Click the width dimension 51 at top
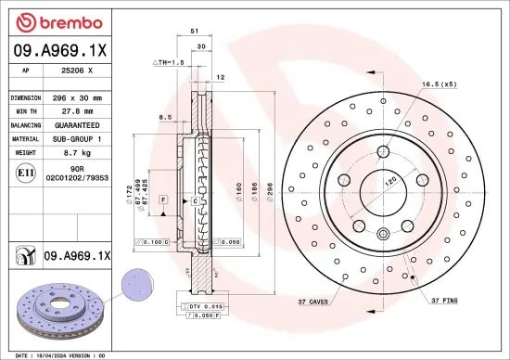point(195,31)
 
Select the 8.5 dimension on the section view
point(164,117)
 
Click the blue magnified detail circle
point(138,281)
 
